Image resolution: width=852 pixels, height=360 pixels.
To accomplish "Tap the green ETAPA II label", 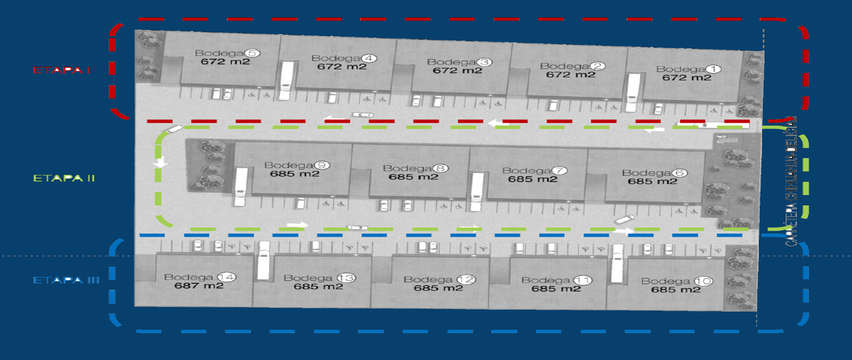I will pyautogui.click(x=65, y=178).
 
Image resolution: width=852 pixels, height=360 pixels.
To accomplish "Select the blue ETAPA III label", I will pyautogui.click(x=66, y=281).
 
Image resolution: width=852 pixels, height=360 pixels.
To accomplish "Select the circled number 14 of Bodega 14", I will pyautogui.click(x=226, y=277).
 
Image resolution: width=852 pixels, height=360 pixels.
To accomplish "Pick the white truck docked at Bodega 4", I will pyautogui.click(x=286, y=80).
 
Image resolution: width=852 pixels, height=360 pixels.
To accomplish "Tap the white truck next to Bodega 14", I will pyautogui.click(x=264, y=261).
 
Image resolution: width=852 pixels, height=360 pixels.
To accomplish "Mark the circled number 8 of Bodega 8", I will pyautogui.click(x=441, y=168).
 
